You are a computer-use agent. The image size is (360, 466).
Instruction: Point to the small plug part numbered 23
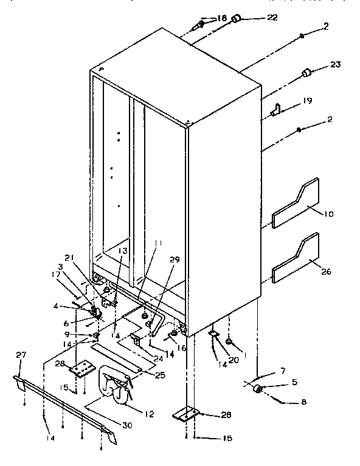306,74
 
